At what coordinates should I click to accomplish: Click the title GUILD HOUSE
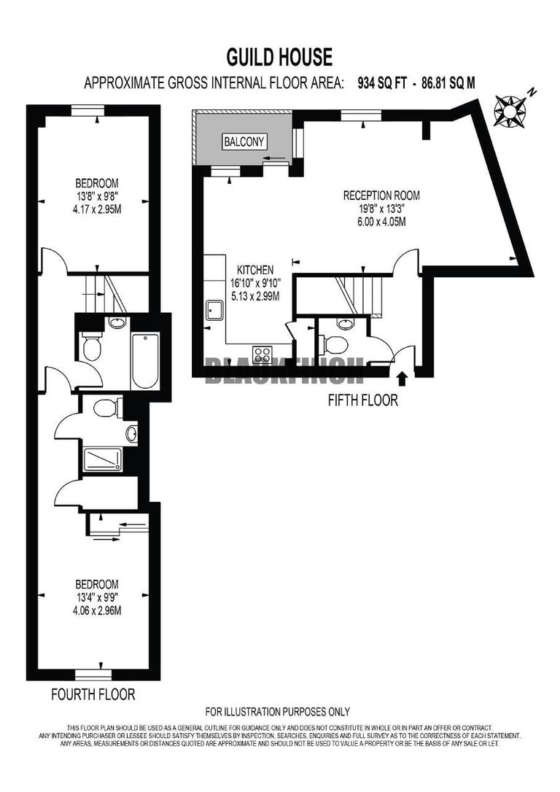click(x=279, y=57)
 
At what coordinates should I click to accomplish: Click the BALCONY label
click(x=244, y=141)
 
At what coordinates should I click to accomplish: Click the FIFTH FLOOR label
click(x=363, y=400)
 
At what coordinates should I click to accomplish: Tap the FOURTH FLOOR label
click(x=93, y=694)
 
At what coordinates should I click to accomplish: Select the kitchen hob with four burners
click(x=262, y=355)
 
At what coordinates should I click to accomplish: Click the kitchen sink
click(x=214, y=311)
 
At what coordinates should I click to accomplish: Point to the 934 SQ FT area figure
click(x=378, y=83)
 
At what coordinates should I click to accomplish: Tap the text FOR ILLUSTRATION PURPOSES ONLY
click(x=277, y=712)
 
